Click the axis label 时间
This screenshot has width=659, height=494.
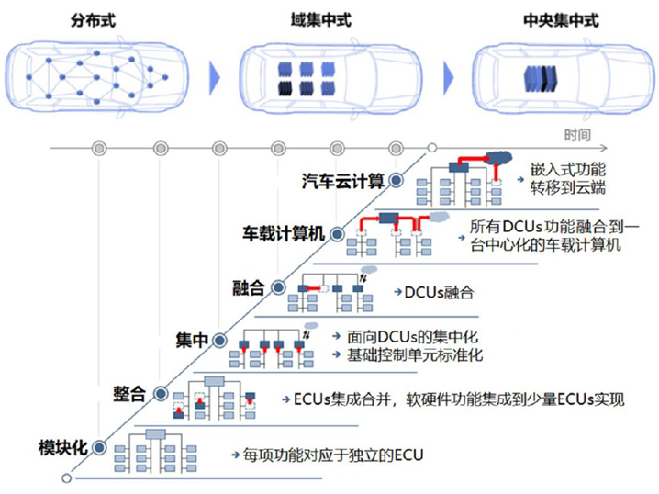point(577,135)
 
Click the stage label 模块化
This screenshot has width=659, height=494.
point(62,447)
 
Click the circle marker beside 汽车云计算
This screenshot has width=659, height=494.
point(396,180)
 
